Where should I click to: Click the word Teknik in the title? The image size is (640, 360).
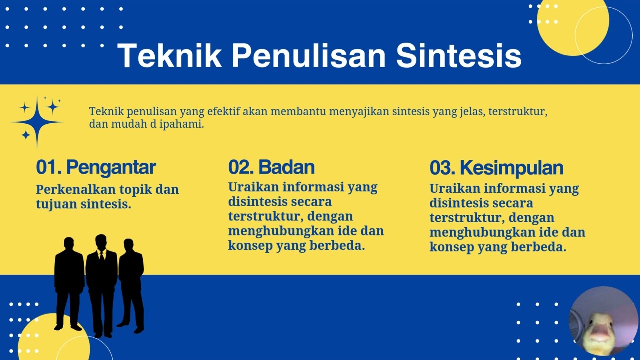pos(169,55)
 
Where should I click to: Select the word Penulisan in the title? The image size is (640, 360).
pos(309,55)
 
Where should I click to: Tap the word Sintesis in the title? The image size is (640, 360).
pos(459,55)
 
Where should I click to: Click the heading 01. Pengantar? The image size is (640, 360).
pos(96,167)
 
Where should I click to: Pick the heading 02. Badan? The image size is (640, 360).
pos(271,167)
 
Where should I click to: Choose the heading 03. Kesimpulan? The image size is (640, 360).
pos(497,168)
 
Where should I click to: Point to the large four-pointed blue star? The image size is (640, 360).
pos(37,122)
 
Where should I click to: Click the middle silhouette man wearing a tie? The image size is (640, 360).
pos(101,286)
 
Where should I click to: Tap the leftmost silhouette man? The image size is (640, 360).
pos(69,283)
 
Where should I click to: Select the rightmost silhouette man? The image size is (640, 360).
pos(131,286)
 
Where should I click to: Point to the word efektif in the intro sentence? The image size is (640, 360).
pos(223,111)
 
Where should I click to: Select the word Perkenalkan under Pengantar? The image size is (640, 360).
pos(76,189)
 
